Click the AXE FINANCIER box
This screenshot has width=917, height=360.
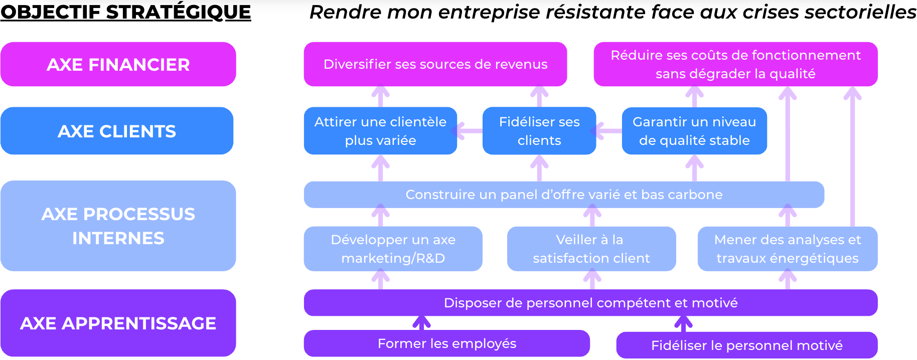coord(118,64)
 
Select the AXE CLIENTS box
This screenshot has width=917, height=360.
coord(117,131)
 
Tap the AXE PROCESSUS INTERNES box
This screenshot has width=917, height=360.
coord(118,226)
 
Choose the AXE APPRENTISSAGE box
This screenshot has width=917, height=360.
coord(118,323)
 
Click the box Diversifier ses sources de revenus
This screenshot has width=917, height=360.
coord(435,64)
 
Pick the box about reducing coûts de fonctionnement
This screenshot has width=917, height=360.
coord(735,64)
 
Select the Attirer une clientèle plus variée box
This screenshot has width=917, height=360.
coord(380,131)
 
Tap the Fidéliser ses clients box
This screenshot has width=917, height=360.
coord(539,131)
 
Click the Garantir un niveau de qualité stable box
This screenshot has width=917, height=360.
coord(694,131)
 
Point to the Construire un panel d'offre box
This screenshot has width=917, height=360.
coord(564,195)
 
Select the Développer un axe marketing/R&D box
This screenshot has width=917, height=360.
coord(393,249)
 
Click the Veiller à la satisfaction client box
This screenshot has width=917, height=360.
coord(591,249)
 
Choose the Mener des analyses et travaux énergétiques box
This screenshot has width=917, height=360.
coord(787,249)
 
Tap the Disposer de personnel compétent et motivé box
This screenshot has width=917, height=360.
coord(590,303)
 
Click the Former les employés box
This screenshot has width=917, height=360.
coord(446,343)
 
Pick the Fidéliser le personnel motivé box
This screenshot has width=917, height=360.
coord(746,345)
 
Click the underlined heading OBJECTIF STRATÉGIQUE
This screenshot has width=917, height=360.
coord(125,12)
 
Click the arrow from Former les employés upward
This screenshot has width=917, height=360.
coord(421,323)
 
